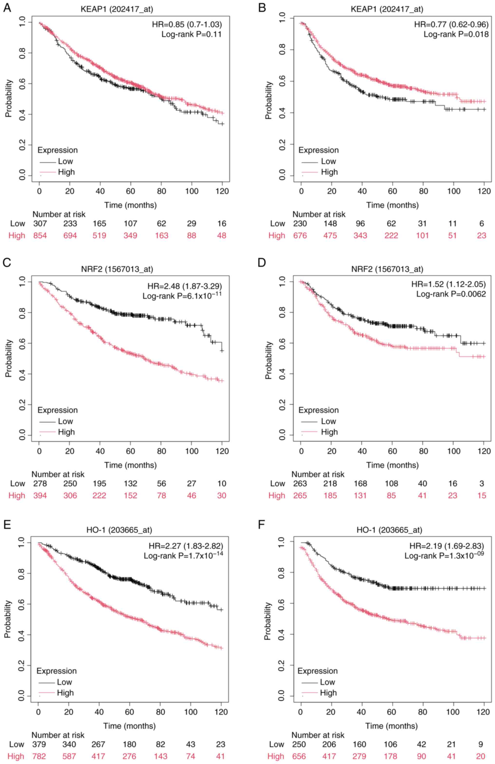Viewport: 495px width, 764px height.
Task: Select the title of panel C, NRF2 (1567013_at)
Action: (117, 269)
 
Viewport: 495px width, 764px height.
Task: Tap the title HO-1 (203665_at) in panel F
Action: (389, 530)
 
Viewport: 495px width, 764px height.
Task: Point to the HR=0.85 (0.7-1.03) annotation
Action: (187, 24)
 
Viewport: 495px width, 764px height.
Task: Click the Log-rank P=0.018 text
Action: (456, 34)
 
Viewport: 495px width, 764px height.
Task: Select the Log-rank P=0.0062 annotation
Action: (451, 294)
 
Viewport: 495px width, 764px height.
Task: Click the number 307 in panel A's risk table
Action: (40, 224)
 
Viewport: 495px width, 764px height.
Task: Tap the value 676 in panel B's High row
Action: (300, 236)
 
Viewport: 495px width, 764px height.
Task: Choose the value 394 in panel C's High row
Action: (40, 496)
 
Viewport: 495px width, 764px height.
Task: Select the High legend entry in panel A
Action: (66, 172)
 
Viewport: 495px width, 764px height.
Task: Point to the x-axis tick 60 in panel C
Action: (130, 451)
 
